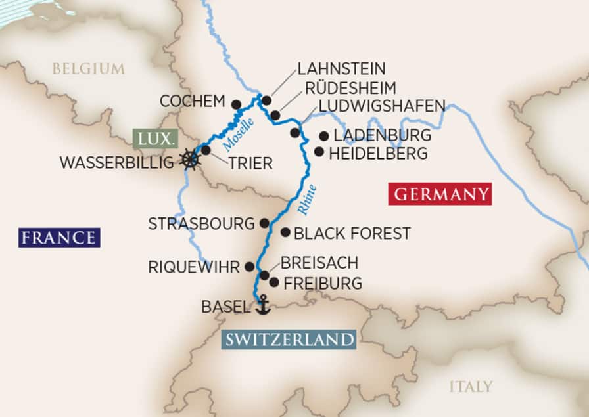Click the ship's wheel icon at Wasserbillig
tap(189, 160)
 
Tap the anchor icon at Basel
tap(262, 305)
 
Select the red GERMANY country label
tap(439, 194)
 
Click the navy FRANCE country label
tap(59, 237)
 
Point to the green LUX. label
tap(154, 139)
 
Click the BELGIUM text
tap(88, 68)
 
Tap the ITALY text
tap(471, 386)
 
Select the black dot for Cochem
tap(237, 103)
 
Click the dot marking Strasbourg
tap(264, 223)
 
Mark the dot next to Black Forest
tap(285, 232)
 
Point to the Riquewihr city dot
tap(249, 266)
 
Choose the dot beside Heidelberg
tap(319, 152)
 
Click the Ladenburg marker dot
tap(323, 136)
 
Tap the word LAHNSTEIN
tap(341, 68)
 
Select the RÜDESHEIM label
tap(350, 88)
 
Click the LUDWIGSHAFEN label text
tap(382, 106)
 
